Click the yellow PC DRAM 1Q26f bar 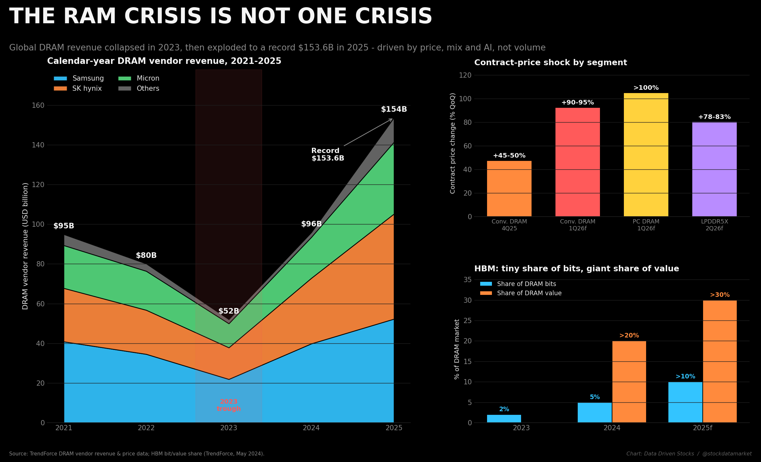tap(646, 155)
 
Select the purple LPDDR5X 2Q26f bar tap(714, 169)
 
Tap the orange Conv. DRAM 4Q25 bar tap(509, 188)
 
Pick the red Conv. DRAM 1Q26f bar tap(577, 162)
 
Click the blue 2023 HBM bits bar tap(504, 419)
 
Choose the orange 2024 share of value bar tap(629, 382)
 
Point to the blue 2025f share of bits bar tap(685, 402)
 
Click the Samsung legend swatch tap(60, 79)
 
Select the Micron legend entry tap(139, 79)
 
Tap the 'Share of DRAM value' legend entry tap(521, 293)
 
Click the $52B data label tap(228, 311)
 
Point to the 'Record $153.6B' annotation tap(328, 154)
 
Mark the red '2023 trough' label tap(228, 405)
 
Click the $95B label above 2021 tap(63, 226)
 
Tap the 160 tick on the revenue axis tap(38, 106)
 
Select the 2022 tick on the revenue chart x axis tap(146, 428)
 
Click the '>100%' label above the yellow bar tap(646, 88)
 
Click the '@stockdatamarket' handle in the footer tap(727, 454)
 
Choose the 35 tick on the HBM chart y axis tap(467, 280)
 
